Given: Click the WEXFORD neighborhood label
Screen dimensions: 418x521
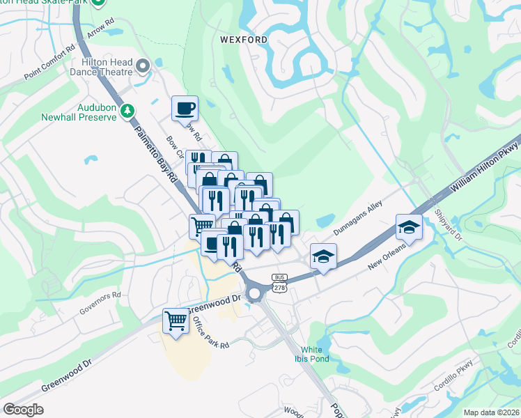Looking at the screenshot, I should pos(244,40).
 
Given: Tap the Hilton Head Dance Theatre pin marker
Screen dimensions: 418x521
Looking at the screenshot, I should pos(144,67).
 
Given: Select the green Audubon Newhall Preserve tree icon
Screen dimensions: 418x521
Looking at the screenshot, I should pos(127,110).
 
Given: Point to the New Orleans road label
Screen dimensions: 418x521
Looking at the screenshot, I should pos(387,261).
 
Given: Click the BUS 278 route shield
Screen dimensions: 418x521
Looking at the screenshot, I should pos(279,281).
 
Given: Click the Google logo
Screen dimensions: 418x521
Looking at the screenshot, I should pos(23,409).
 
